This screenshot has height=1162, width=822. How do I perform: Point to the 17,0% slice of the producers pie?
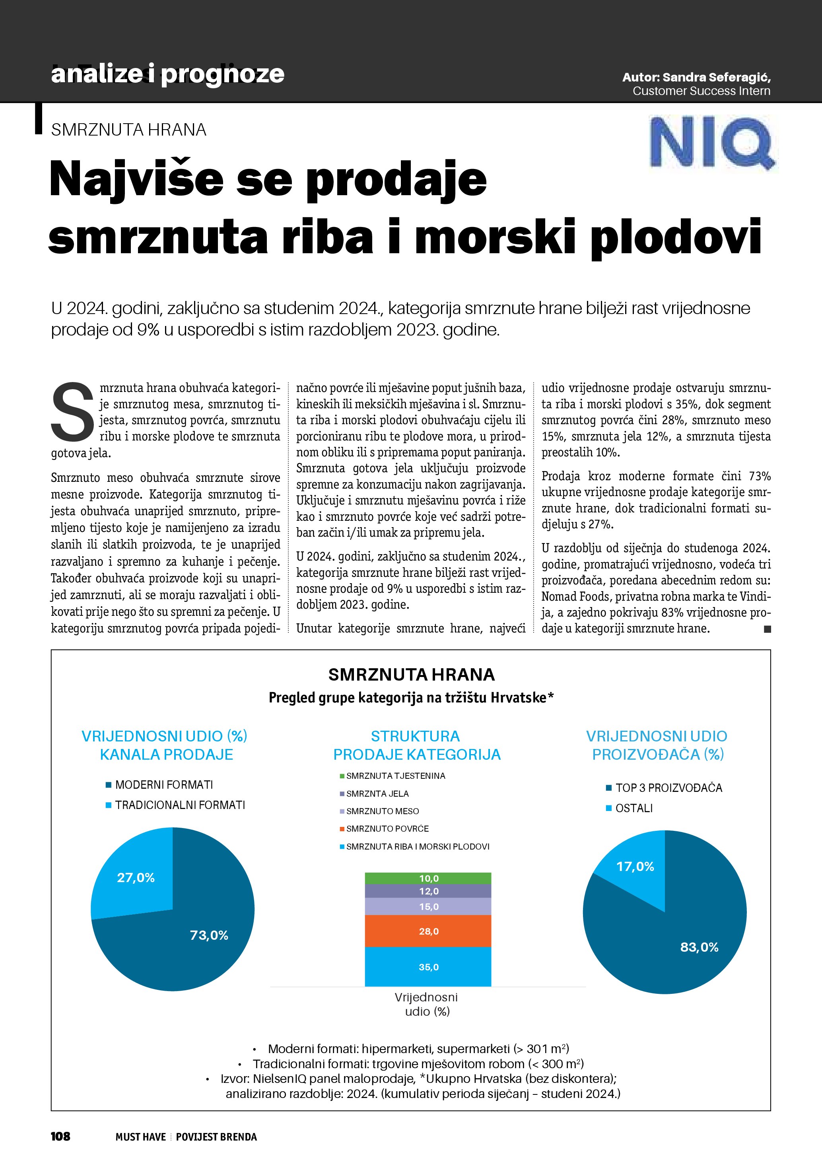click(635, 867)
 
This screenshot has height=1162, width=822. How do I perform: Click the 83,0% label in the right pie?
click(699, 947)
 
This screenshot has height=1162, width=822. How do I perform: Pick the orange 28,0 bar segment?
click(428, 931)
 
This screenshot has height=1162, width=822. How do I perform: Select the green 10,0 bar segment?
click(428, 879)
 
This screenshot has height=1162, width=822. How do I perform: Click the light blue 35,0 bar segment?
click(428, 967)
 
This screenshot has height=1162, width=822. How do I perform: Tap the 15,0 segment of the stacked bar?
click(428, 906)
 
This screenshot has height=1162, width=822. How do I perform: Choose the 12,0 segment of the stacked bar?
click(428, 891)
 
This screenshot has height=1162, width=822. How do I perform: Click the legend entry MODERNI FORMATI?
click(163, 785)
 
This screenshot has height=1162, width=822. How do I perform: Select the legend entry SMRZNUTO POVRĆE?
click(387, 828)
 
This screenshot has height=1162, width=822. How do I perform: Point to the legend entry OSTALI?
click(634, 808)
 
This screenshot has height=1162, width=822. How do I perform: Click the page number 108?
click(60, 1137)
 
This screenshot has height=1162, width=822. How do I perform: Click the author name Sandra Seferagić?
click(716, 78)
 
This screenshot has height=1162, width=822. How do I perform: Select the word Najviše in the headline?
click(137, 180)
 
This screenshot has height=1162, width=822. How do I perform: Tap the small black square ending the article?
click(768, 629)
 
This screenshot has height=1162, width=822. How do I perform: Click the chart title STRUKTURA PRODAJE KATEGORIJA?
click(416, 745)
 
